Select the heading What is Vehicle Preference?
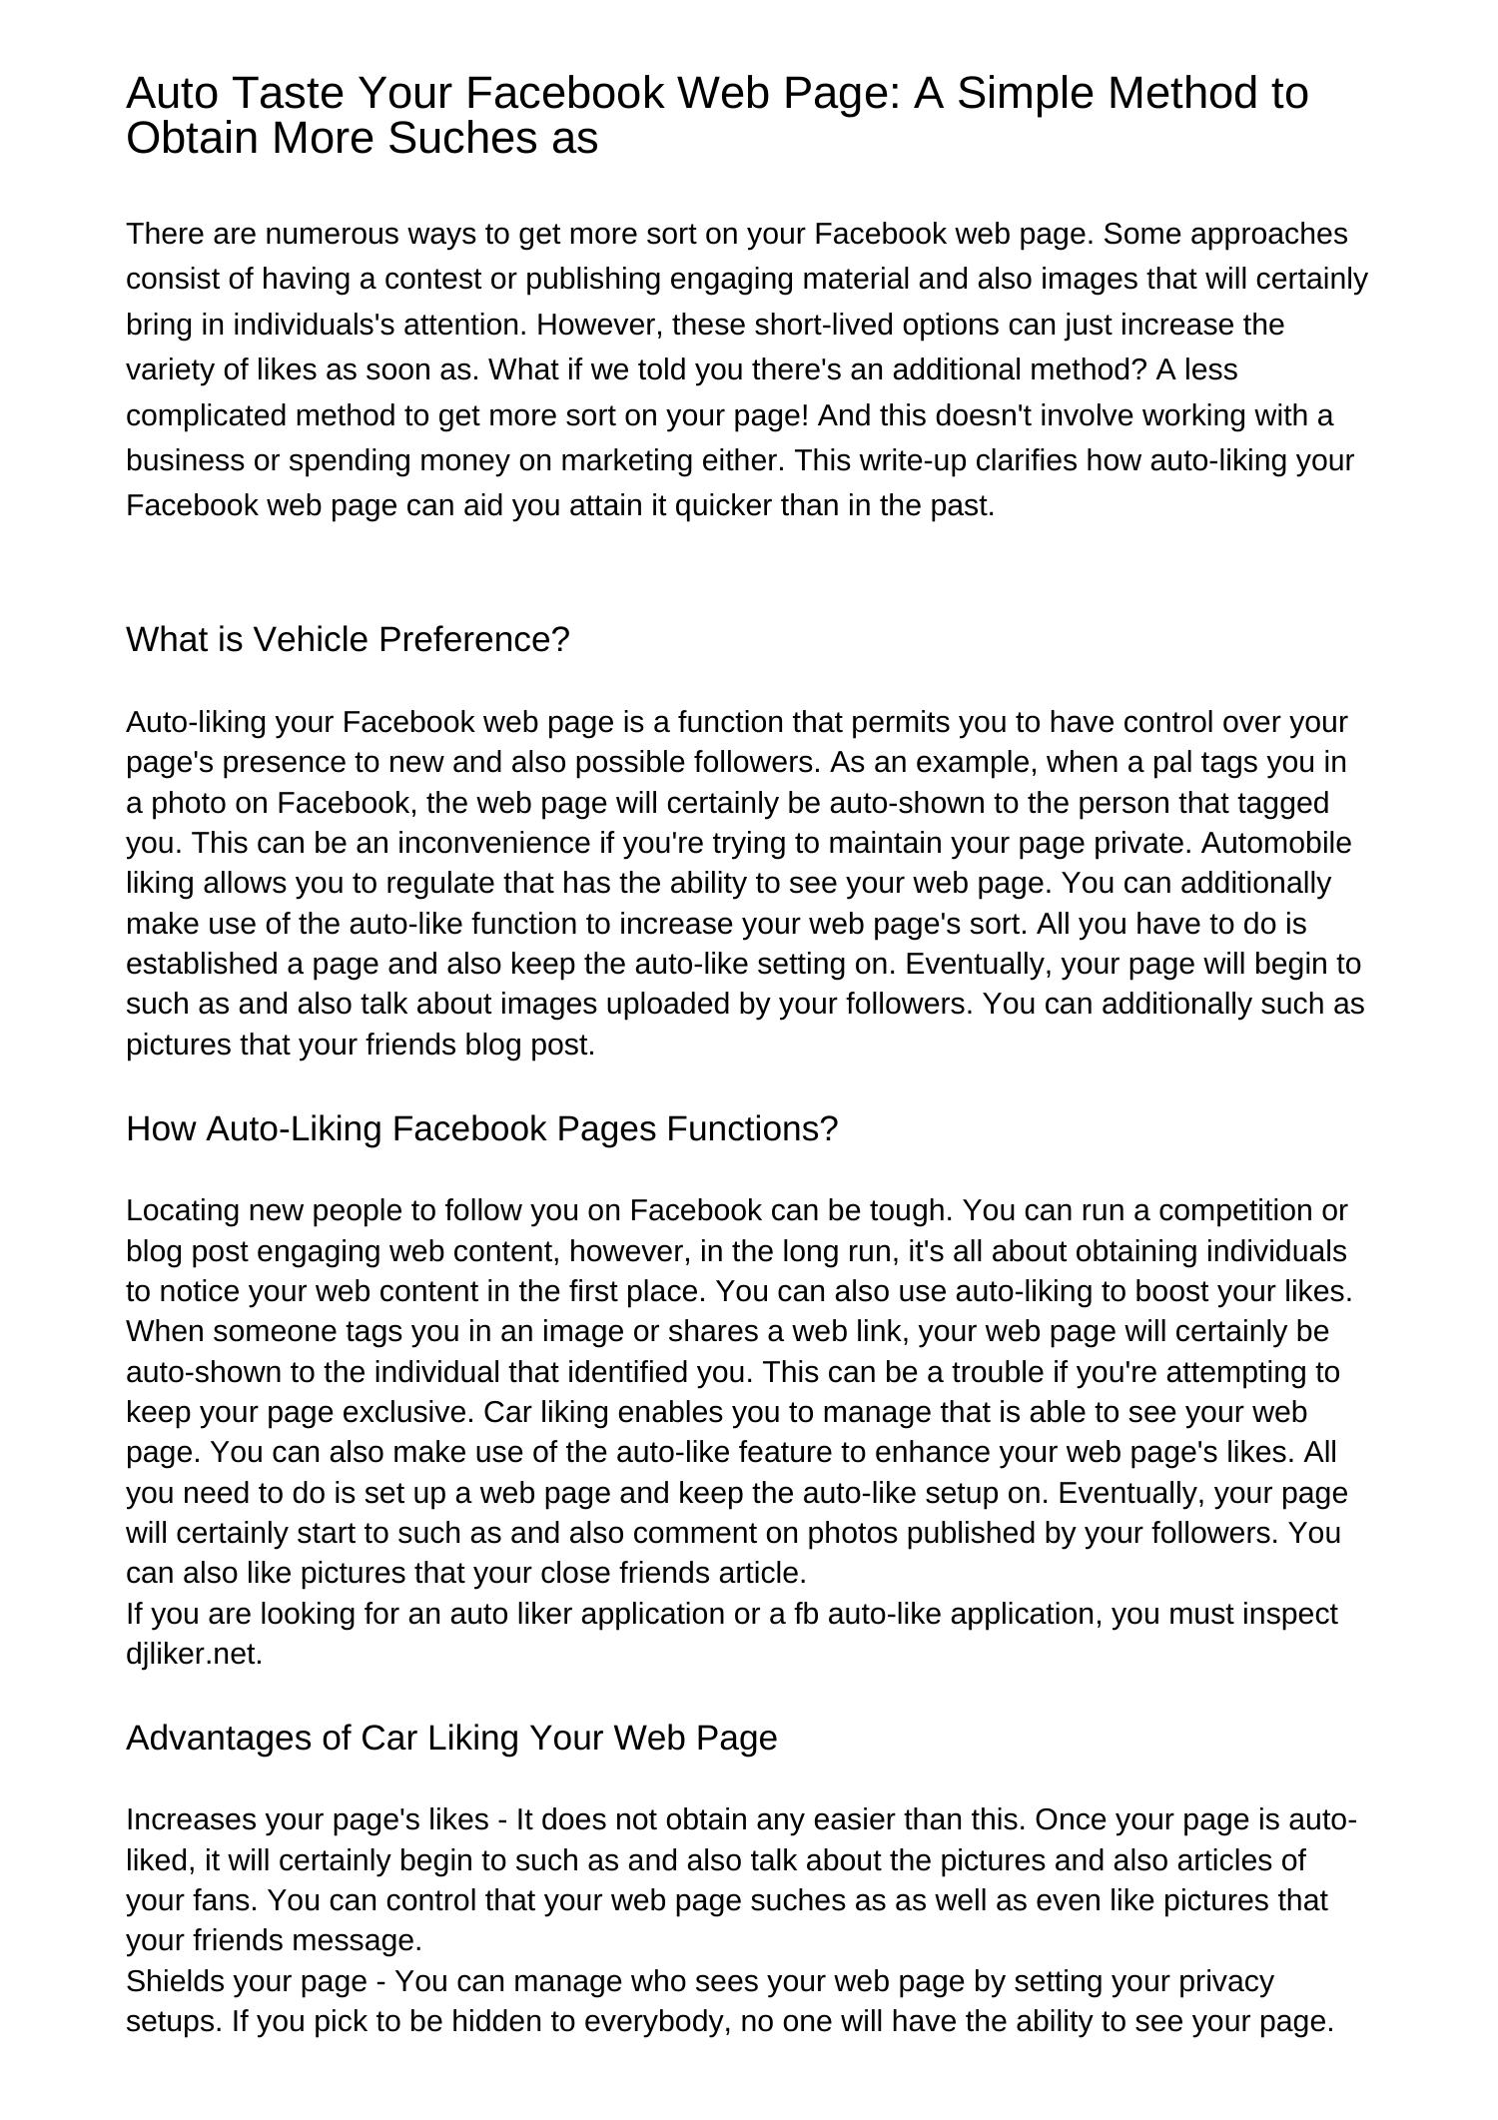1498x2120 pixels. point(347,639)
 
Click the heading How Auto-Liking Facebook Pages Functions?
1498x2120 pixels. point(481,1128)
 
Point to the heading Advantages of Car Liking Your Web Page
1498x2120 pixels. point(450,1738)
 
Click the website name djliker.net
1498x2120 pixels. point(193,1654)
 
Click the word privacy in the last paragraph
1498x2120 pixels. point(1226,1980)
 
